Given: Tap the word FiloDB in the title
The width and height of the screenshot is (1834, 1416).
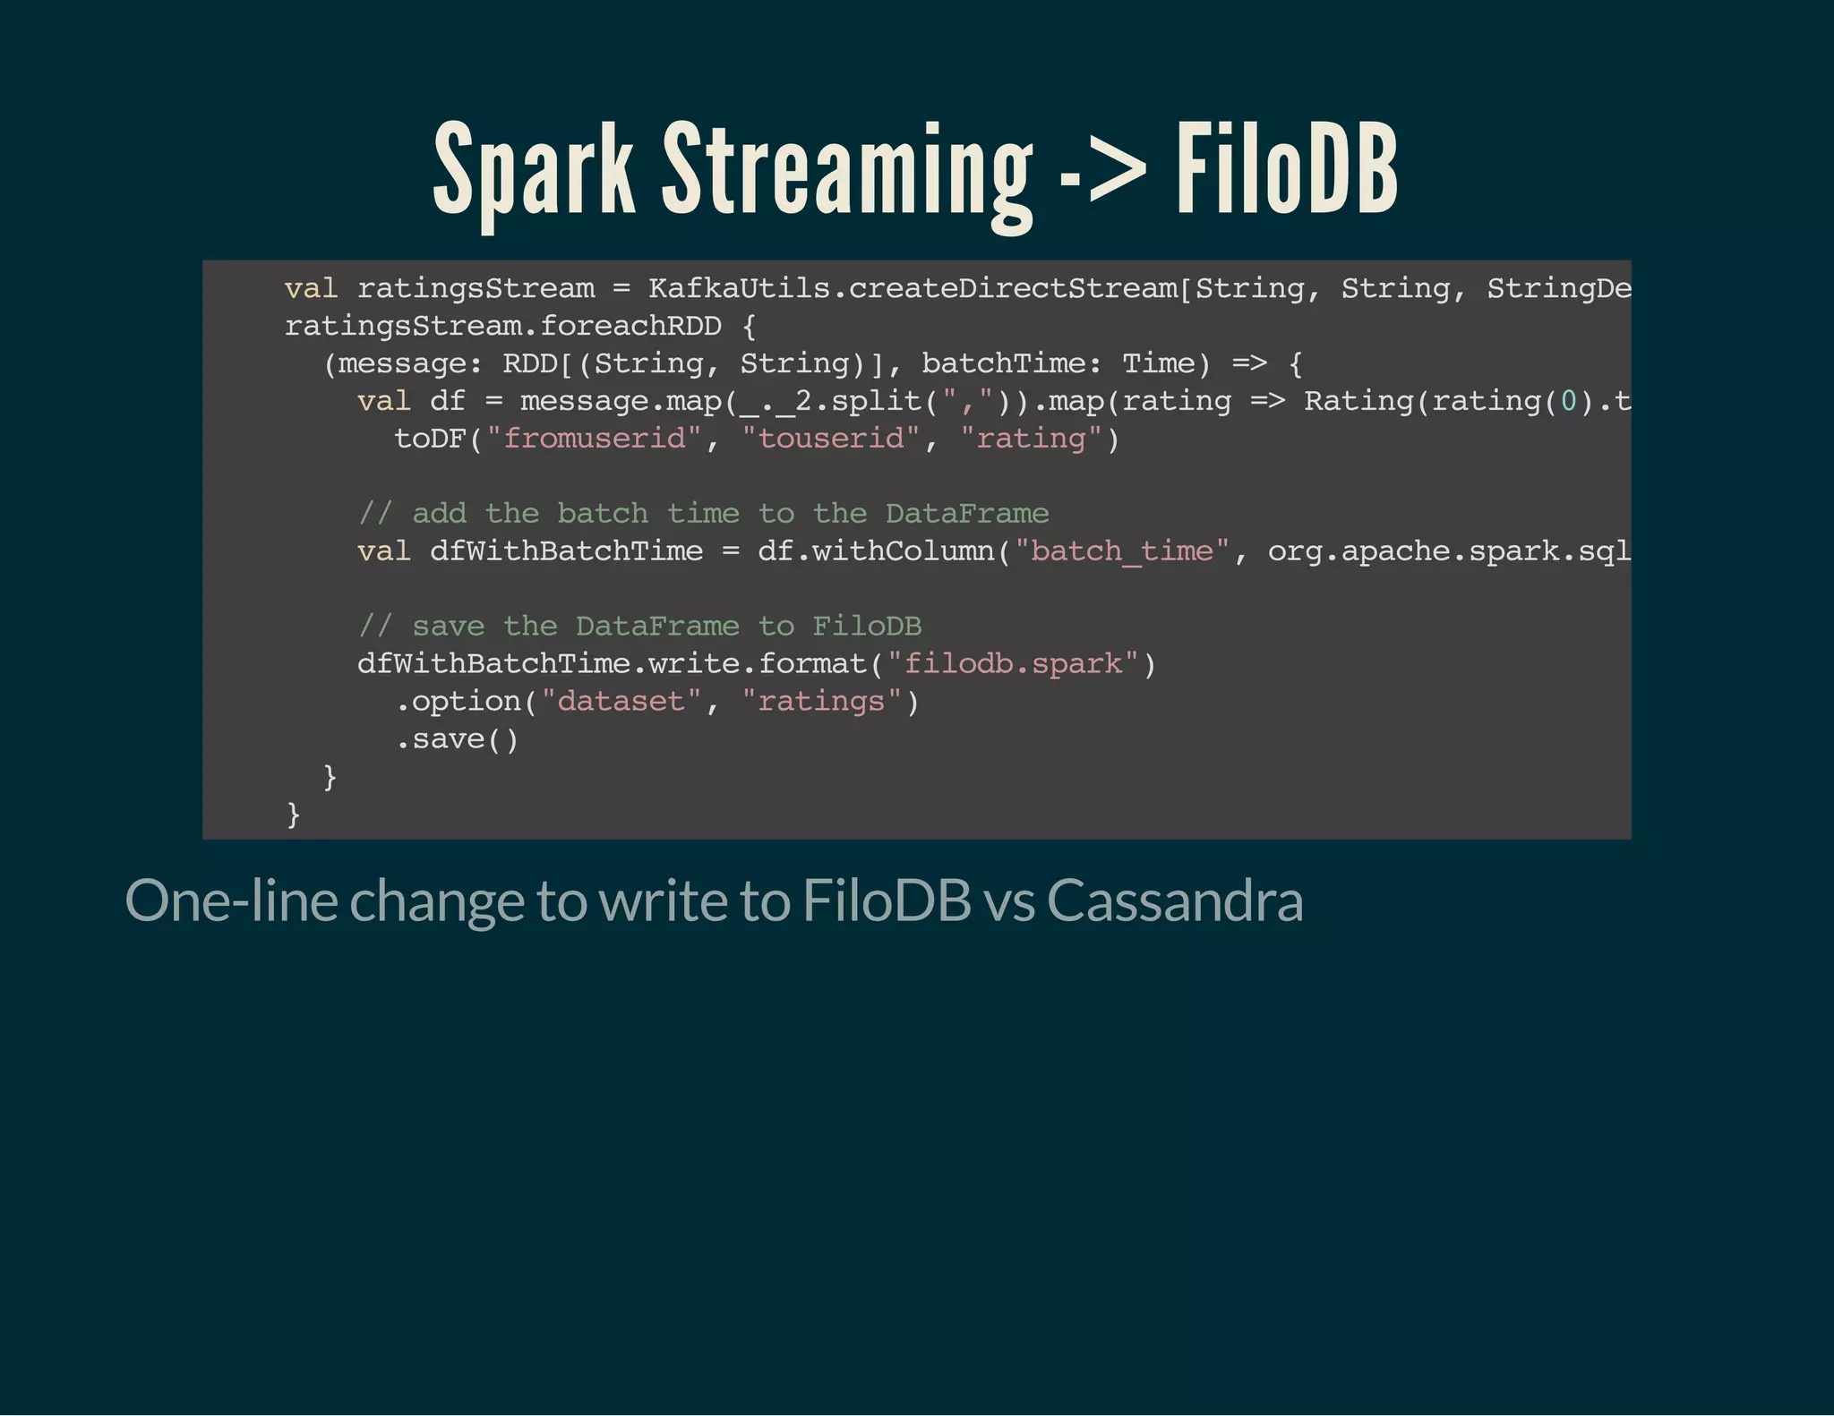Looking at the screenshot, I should pos(1286,170).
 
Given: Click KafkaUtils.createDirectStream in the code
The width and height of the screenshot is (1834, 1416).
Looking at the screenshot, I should pos(913,288).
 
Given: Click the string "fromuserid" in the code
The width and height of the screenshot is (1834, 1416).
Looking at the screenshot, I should pos(594,439).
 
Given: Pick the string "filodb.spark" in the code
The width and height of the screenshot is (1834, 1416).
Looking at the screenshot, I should pos(1013,664).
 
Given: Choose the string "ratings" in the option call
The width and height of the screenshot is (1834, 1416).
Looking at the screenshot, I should pos(821,702).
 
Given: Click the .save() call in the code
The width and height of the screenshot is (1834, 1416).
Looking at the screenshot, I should pos(457,739).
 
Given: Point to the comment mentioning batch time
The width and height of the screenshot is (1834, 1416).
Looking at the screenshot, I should pos(703,514).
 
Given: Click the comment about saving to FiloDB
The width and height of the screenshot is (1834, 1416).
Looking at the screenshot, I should pos(639,627).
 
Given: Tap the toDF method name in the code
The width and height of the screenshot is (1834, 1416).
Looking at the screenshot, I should pos(430,439).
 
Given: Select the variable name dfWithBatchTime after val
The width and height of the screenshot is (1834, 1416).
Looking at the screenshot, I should pos(566,551).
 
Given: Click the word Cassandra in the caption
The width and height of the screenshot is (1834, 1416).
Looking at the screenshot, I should pos(1175,900).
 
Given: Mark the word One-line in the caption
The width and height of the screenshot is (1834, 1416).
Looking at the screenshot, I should pos(231,900).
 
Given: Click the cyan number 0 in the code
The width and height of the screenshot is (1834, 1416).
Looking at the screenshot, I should pos(1568,401).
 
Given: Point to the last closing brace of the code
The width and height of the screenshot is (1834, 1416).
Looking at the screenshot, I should pos(293,815).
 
